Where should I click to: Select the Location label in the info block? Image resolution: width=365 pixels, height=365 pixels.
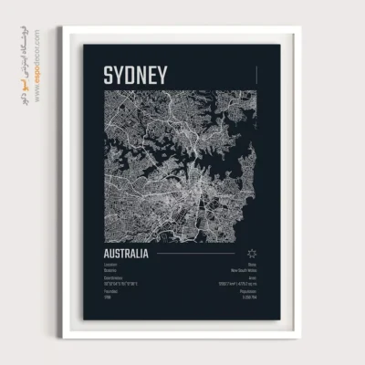coord(111,266)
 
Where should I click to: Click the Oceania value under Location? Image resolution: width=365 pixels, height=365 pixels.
coord(111,271)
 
